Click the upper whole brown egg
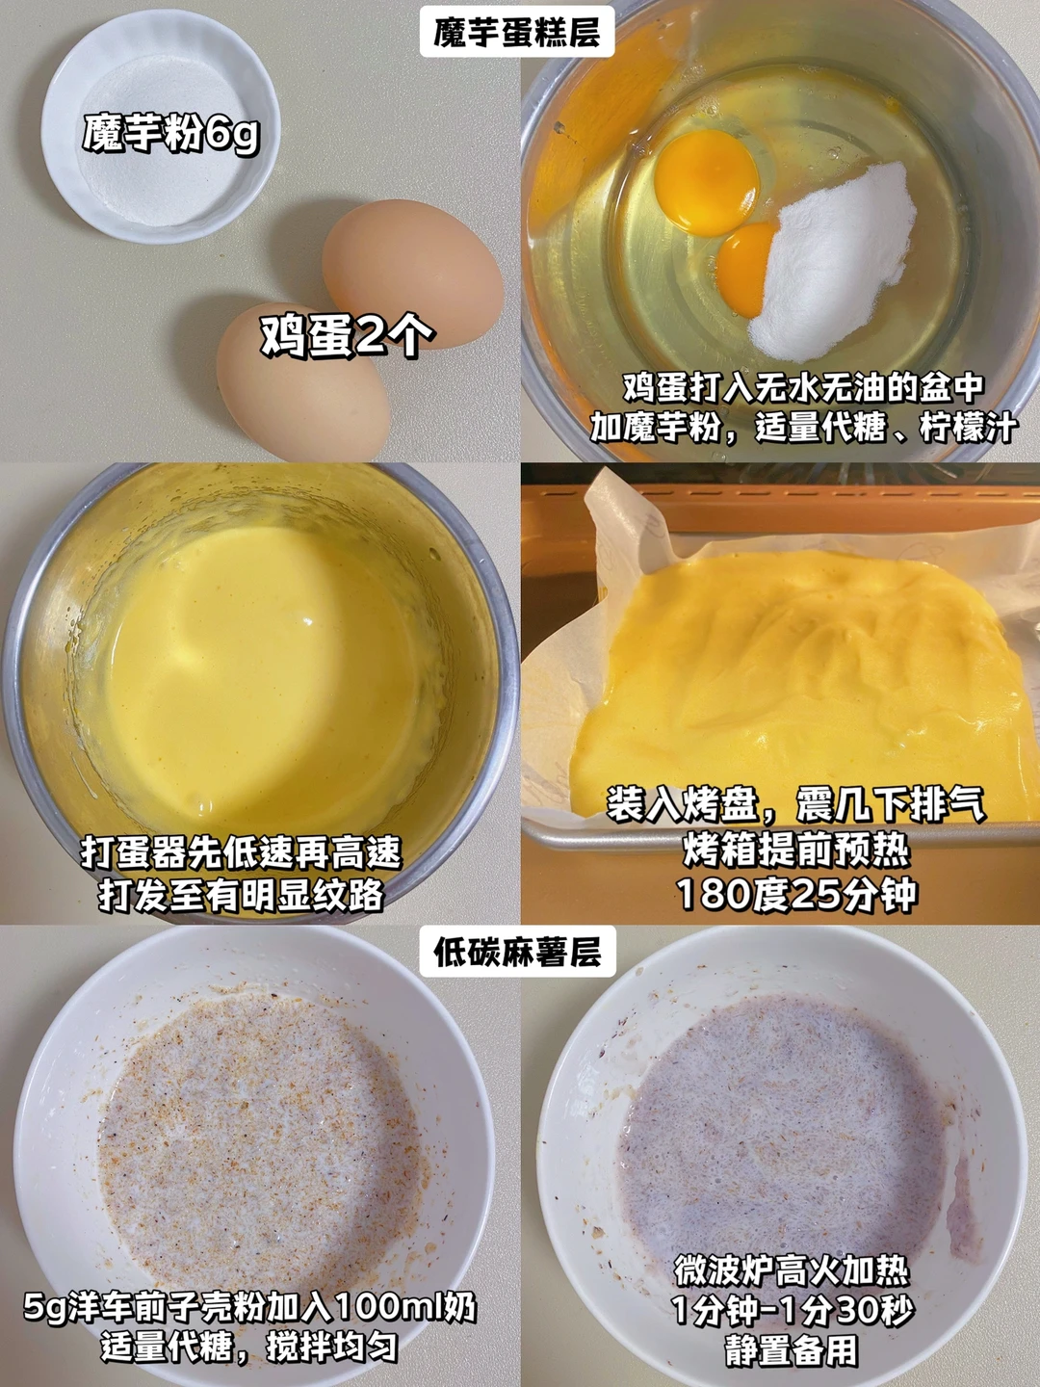[x=412, y=273]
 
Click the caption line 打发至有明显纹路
[x=241, y=894]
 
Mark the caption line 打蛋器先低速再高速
[x=241, y=853]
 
